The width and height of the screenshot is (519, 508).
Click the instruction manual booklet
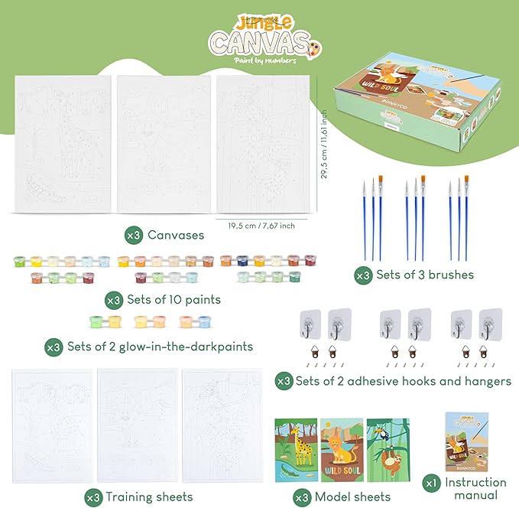click(x=466, y=441)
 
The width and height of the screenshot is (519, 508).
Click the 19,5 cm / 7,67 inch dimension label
click(x=261, y=225)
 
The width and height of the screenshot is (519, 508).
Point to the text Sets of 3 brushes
click(x=425, y=274)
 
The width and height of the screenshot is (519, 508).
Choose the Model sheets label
click(x=353, y=497)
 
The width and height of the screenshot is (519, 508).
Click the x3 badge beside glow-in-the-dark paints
click(x=54, y=347)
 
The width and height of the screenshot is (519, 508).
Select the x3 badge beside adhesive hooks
click(x=284, y=380)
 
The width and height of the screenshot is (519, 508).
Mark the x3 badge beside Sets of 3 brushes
click(x=362, y=274)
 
